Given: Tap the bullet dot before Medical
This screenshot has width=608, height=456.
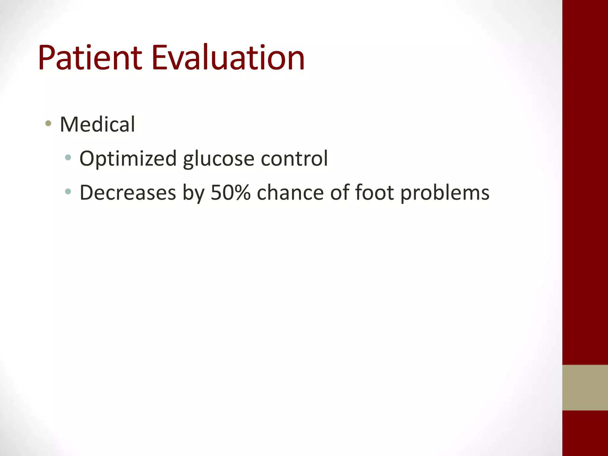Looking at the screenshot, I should pos(48,123).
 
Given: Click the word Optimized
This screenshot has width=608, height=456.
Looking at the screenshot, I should pos(128,159).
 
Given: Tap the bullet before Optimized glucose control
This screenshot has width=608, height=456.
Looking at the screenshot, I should pos(68,157).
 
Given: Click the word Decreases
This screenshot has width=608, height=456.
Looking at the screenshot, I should pos(128,193).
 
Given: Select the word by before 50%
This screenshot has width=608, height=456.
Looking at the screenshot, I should pos(193,193).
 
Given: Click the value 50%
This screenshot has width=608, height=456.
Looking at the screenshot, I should pos(231,193).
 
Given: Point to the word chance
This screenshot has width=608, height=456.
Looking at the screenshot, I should pos(290,193).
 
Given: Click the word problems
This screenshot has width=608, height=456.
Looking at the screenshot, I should pos(445,193).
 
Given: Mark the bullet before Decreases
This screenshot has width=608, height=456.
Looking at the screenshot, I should pos(68,191).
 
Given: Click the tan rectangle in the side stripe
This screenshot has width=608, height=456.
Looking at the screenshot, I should pos(585,387).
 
